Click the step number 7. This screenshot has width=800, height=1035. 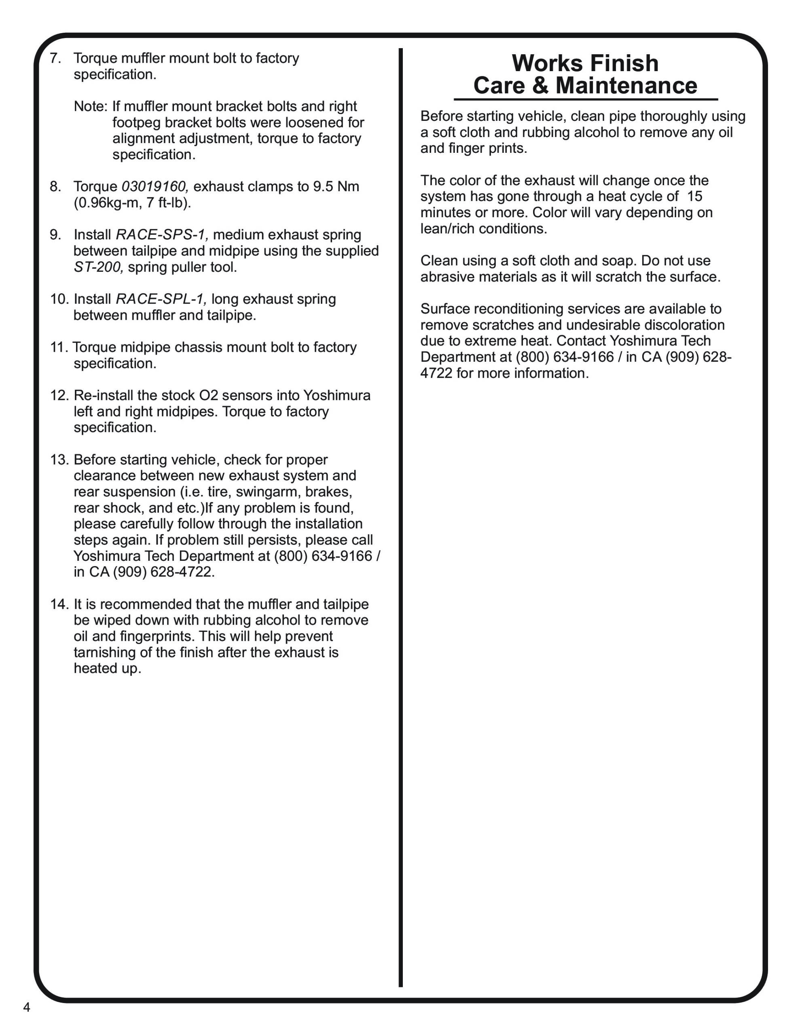point(55,58)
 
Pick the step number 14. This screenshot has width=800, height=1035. point(60,604)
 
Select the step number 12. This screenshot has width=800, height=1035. point(60,395)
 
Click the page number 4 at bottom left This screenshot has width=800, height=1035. point(27,1007)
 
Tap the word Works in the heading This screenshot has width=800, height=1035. point(548,63)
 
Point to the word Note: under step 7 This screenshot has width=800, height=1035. point(91,107)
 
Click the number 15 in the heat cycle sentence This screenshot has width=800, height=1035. point(694,196)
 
